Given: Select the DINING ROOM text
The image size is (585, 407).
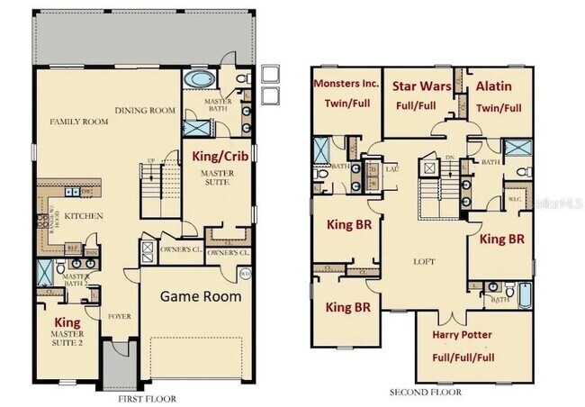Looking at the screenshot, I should pyautogui.click(x=144, y=111).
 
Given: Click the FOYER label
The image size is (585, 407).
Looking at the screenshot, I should pyautogui.click(x=119, y=316).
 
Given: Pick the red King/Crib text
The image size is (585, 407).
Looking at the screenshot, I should pyautogui.click(x=220, y=155).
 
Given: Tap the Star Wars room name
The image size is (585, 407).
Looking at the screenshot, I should pyautogui.click(x=422, y=86).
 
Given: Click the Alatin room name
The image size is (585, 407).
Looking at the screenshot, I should pyautogui.click(x=494, y=86).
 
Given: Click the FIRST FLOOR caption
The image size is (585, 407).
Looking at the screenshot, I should pyautogui.click(x=148, y=398).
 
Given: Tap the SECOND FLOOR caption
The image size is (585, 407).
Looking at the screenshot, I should pyautogui.click(x=425, y=393).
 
